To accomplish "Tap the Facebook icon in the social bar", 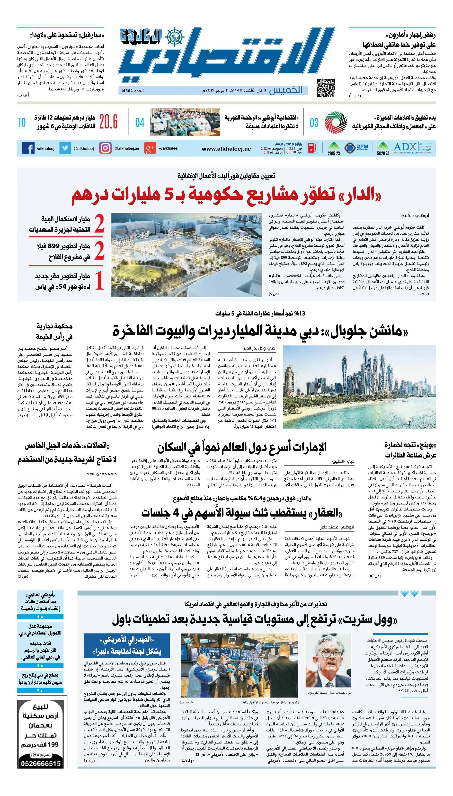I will (x=28, y=148).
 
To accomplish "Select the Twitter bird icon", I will (x=65, y=148).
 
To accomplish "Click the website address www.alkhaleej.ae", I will (x=226, y=149).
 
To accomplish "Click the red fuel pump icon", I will (x=312, y=148).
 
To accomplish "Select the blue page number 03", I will (x=314, y=123).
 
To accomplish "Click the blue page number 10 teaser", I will (x=22, y=123).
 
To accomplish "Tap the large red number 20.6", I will (x=108, y=122).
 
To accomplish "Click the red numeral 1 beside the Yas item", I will (x=99, y=281).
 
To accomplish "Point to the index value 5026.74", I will (x=383, y=153).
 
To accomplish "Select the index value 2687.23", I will (x=334, y=153).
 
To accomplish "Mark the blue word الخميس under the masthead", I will (x=286, y=90).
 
